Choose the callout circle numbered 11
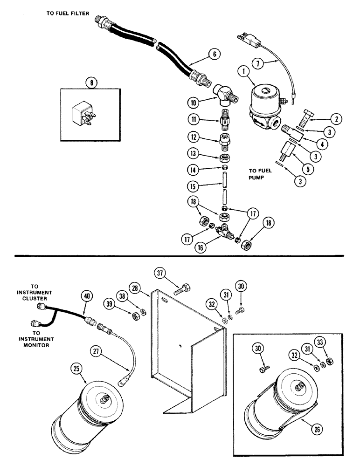tap(194, 120)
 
